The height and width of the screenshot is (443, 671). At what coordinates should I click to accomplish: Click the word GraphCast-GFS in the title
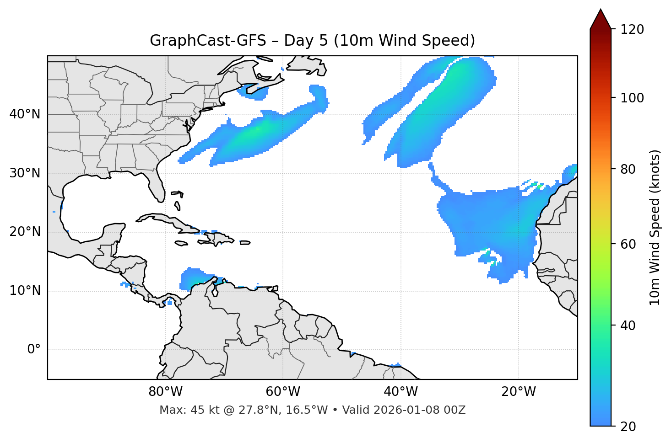(208, 41)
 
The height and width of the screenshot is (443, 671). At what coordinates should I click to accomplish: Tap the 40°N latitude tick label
(25, 114)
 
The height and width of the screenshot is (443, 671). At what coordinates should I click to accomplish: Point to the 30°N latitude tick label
(25, 173)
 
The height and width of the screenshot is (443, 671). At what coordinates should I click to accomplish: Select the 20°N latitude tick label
(25, 232)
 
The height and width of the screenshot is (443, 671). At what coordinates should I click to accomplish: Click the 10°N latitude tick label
(25, 291)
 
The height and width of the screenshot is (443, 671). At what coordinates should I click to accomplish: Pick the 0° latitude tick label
(34, 350)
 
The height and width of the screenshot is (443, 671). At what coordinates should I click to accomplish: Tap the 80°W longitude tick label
(165, 392)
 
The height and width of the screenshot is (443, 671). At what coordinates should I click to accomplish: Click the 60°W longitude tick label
(283, 392)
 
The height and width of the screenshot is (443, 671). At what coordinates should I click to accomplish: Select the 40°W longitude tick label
(400, 392)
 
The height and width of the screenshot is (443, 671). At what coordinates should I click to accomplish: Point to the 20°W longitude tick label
(518, 392)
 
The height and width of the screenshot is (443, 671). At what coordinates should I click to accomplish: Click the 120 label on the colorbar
(632, 30)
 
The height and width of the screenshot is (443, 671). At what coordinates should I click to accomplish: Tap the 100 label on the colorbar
(632, 98)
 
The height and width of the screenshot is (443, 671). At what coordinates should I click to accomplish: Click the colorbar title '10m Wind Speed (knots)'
(655, 227)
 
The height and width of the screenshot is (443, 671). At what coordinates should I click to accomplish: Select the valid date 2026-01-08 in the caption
(411, 410)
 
